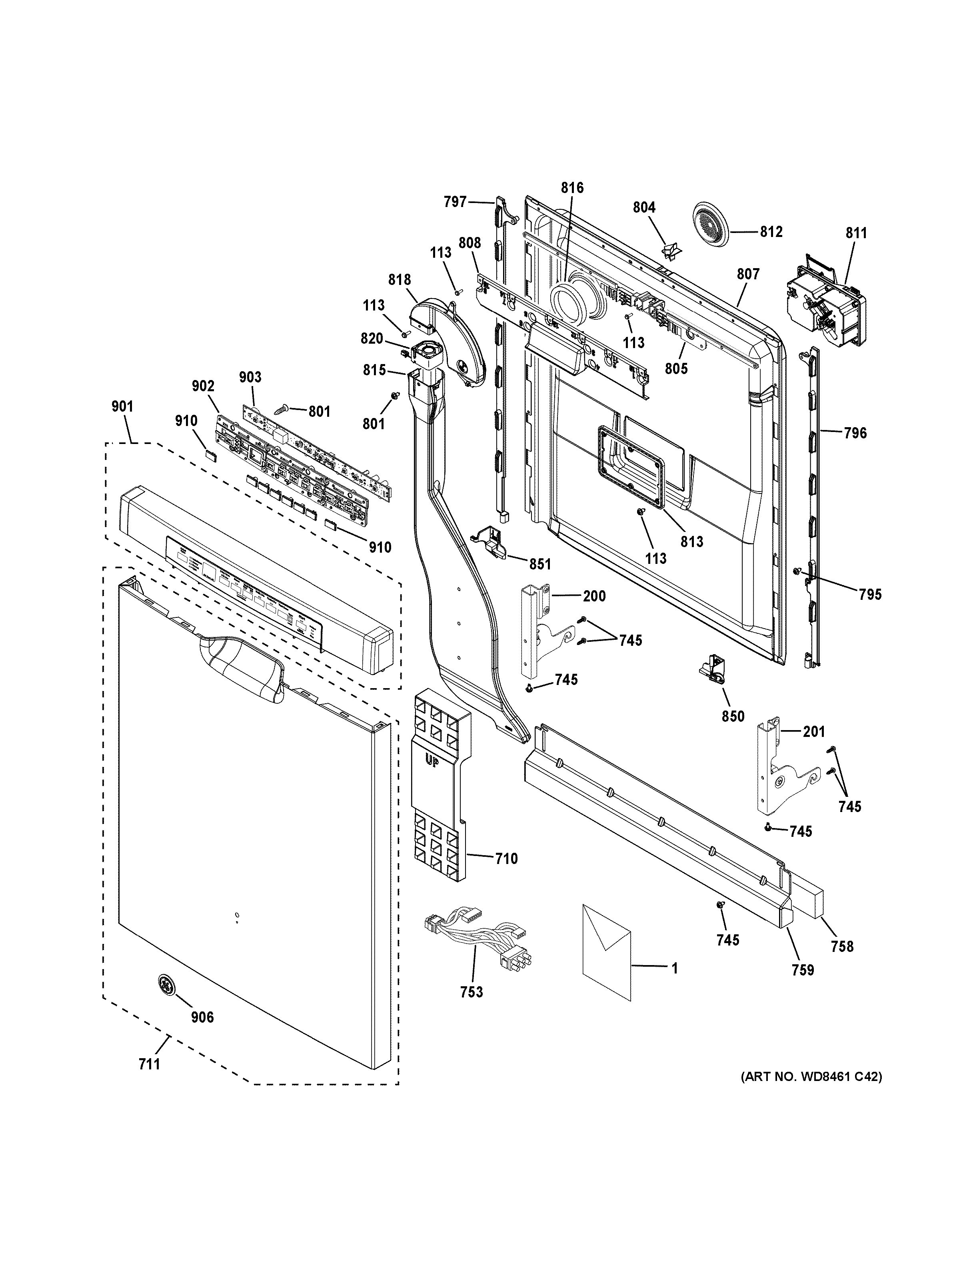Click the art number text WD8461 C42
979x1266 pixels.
(811, 1092)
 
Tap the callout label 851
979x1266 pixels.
(540, 563)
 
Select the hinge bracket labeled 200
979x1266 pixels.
(537, 629)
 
